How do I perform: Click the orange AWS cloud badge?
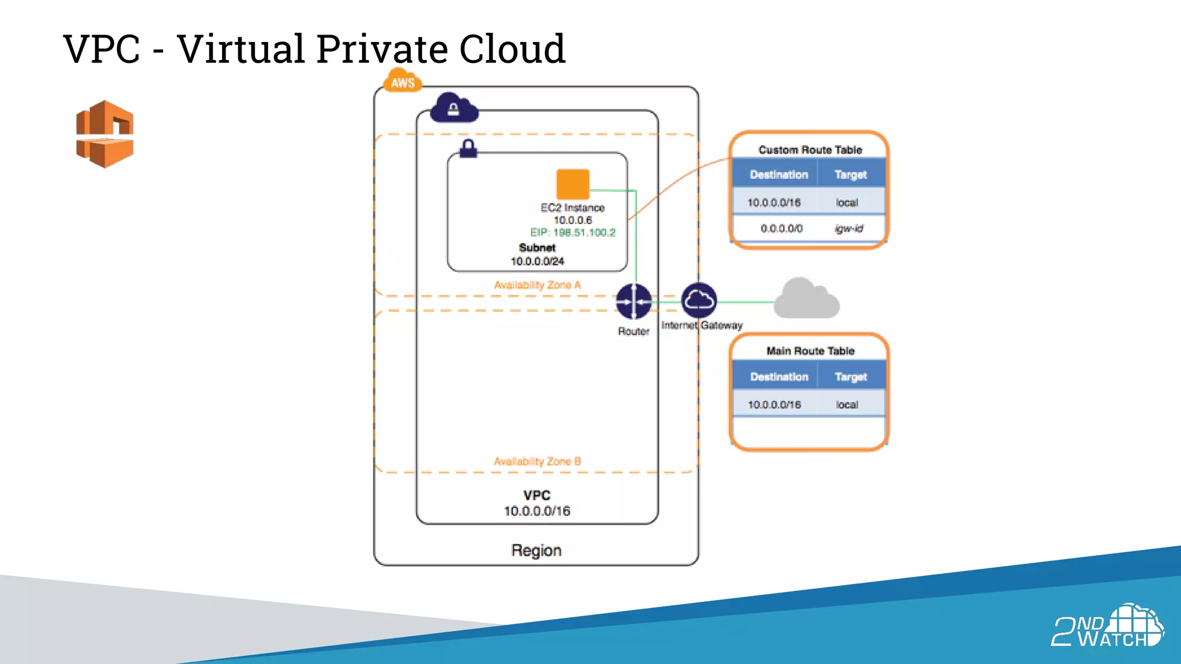[x=403, y=81]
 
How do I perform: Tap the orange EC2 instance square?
[x=573, y=184]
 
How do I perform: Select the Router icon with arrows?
[x=633, y=301]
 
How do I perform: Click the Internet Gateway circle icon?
[x=699, y=300]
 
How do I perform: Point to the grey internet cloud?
[x=806, y=299]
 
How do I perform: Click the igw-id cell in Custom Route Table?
[x=849, y=228]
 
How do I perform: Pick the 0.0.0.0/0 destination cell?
[x=781, y=228]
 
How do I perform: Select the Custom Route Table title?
[x=810, y=150]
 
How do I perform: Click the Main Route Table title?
[x=810, y=350]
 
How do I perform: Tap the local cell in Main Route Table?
[x=847, y=405]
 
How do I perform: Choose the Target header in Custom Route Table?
[x=850, y=175]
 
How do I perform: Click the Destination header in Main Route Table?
[x=778, y=376]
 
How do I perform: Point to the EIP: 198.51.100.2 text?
[x=573, y=232]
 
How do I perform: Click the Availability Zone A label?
[x=537, y=285]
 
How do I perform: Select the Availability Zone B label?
[x=537, y=461]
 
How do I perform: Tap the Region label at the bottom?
[x=536, y=550]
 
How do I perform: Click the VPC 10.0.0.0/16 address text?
[x=536, y=511]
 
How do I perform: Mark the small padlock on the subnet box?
[x=468, y=148]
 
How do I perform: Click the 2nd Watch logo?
[x=1107, y=627]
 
